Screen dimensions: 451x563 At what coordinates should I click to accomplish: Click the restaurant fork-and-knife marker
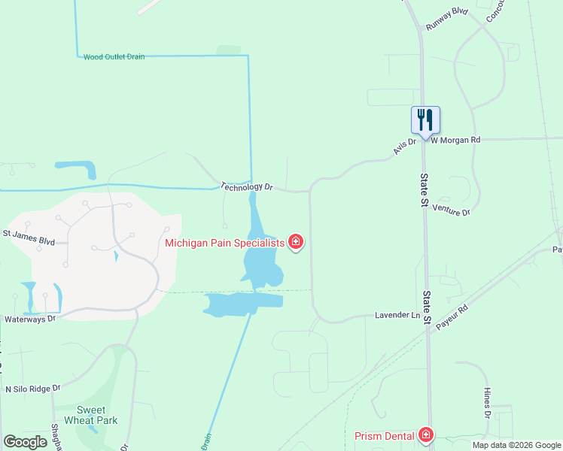click(425, 120)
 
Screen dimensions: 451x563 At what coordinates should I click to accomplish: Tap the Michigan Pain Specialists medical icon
click(297, 242)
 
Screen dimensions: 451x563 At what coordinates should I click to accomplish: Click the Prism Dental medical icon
click(426, 436)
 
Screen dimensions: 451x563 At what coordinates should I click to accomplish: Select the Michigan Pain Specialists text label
click(225, 242)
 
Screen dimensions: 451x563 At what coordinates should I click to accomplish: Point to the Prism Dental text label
click(384, 436)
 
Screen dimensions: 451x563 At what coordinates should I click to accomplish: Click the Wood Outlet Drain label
click(114, 56)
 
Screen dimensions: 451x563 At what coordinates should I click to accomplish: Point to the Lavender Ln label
click(397, 315)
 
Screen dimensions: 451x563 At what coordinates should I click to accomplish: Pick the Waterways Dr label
click(30, 319)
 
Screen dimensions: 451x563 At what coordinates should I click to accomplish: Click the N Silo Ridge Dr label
click(32, 389)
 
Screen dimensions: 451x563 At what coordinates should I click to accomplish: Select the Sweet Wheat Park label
click(91, 416)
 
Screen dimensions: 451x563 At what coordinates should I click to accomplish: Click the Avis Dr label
click(403, 147)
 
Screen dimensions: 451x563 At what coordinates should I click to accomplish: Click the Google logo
click(25, 441)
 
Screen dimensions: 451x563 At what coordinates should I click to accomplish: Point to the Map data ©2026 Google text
click(516, 445)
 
